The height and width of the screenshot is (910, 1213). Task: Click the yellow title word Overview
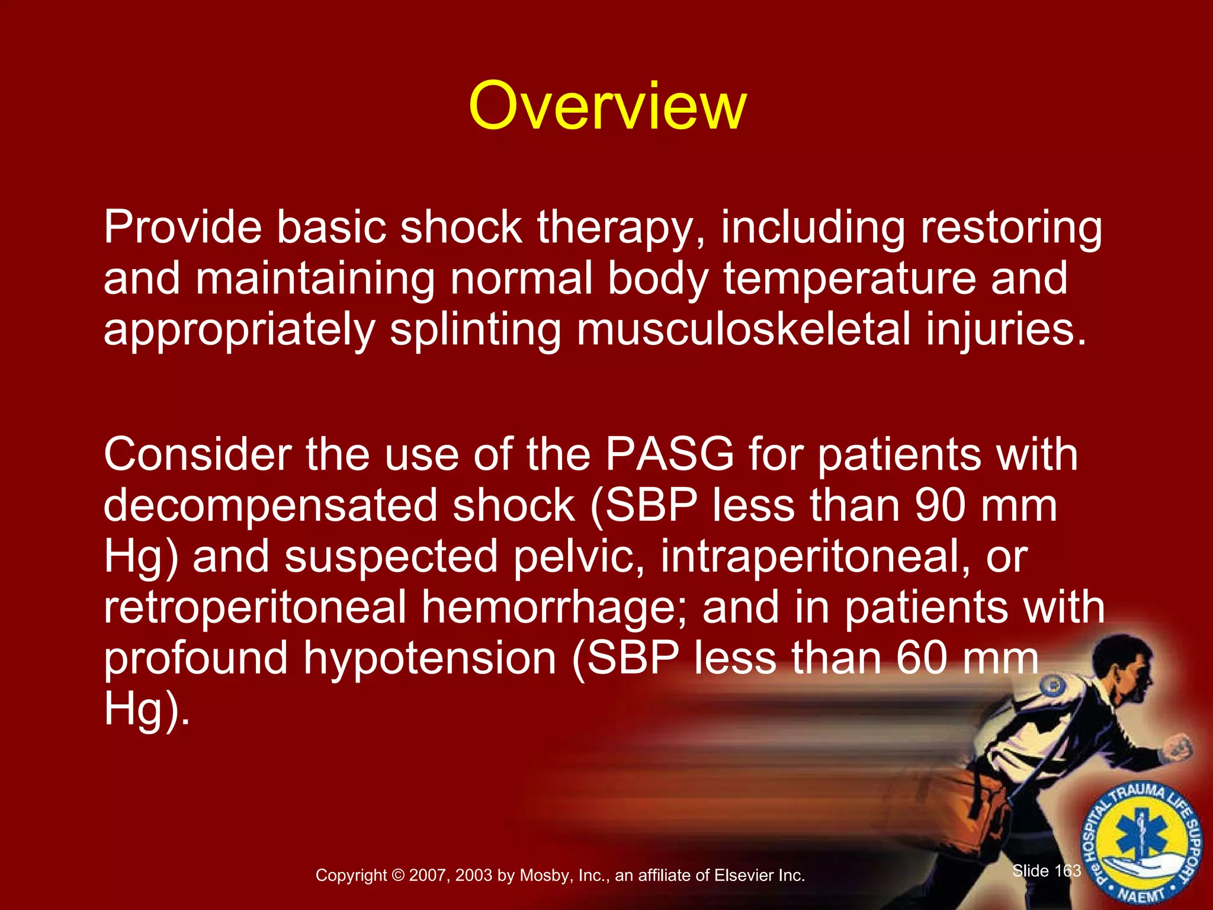(607, 107)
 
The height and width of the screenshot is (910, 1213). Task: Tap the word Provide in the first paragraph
(182, 228)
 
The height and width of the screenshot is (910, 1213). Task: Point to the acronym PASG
(669, 455)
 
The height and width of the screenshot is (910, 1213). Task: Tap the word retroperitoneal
(255, 608)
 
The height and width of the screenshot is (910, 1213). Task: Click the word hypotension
(429, 659)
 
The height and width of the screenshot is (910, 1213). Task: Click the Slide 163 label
(1046, 870)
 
